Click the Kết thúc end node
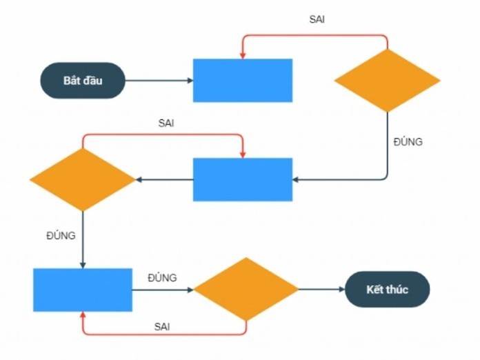click(x=387, y=289)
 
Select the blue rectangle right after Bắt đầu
click(x=242, y=81)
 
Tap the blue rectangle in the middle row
click(x=242, y=179)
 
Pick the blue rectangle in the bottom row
click(x=83, y=290)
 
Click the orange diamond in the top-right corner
click(x=387, y=80)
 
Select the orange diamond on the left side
click(x=83, y=179)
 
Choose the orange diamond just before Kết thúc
click(x=246, y=289)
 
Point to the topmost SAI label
click(x=317, y=19)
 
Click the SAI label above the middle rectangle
click(x=166, y=123)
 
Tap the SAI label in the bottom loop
click(x=162, y=325)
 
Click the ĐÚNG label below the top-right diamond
click(x=408, y=142)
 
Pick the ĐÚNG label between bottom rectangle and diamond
click(x=162, y=277)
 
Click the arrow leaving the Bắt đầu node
click(x=159, y=81)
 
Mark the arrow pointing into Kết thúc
click(x=321, y=290)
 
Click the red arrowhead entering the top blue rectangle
click(x=242, y=54)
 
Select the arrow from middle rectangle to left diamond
click(x=164, y=180)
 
